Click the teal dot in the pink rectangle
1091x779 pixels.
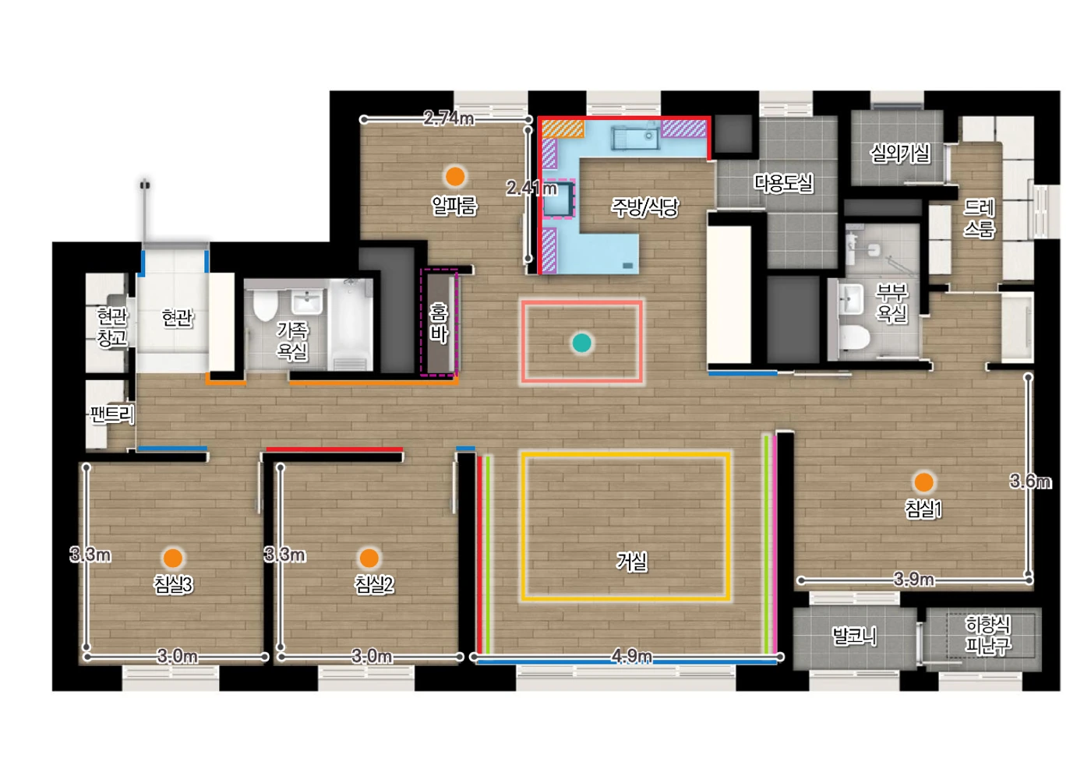[x=581, y=343]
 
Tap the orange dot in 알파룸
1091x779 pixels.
[x=455, y=176]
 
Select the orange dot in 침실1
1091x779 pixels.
[x=923, y=482]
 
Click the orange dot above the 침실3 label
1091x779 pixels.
[x=173, y=558]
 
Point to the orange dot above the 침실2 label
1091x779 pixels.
[x=369, y=558]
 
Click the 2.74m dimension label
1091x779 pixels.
[x=448, y=118]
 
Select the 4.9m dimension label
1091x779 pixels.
[x=631, y=656]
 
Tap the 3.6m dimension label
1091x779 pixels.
[x=1030, y=481]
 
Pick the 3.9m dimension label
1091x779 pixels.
[x=913, y=580]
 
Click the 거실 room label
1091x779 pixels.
[x=632, y=562]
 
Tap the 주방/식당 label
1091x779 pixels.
[x=644, y=207]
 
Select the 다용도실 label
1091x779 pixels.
[x=783, y=183]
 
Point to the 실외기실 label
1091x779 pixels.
[x=900, y=153]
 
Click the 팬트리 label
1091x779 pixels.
[x=111, y=414]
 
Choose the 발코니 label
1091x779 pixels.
[x=854, y=636]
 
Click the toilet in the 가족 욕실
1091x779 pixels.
[x=265, y=305]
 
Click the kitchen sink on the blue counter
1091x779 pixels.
[x=634, y=138]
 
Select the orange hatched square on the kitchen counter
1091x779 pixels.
[x=563, y=129]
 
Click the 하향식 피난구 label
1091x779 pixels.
[x=988, y=635]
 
